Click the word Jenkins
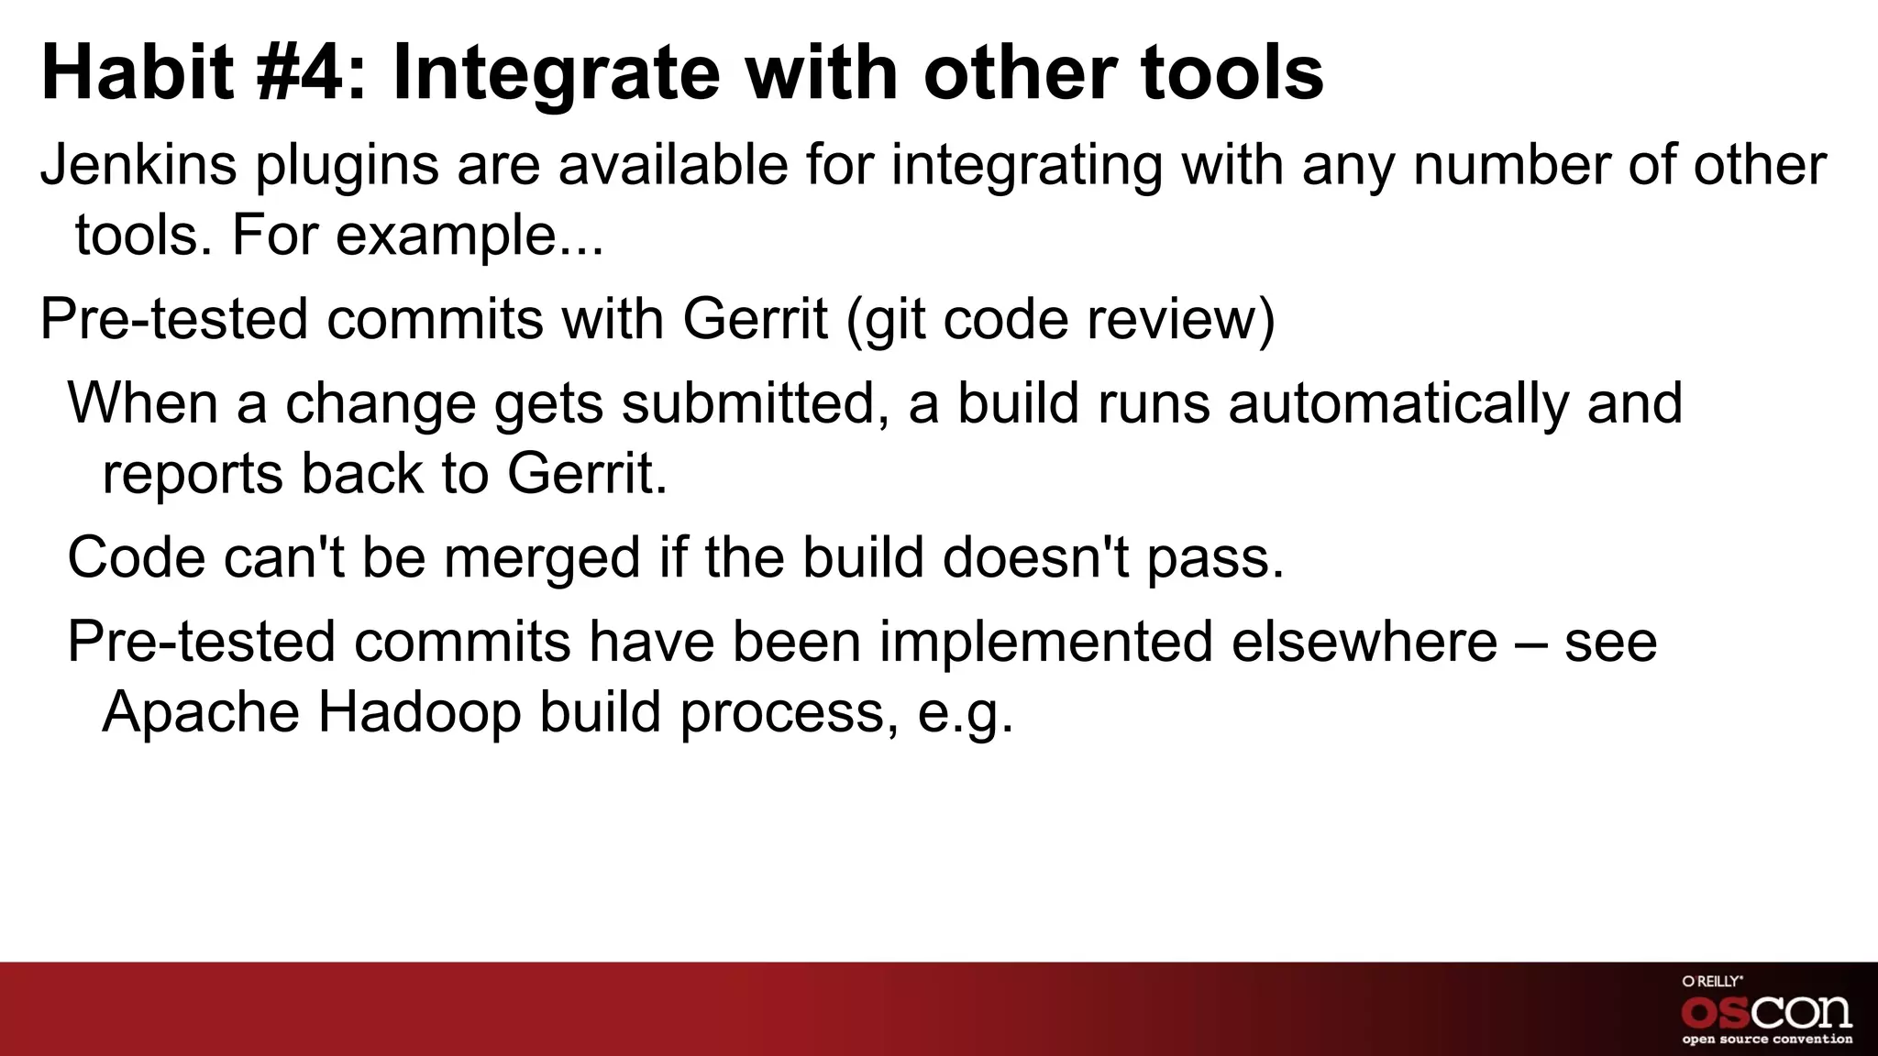tap(138, 166)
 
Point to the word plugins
tap(347, 166)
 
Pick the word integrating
tap(1026, 166)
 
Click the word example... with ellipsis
tap(469, 236)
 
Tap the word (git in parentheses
tap(884, 320)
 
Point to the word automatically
tap(1398, 403)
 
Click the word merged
tap(542, 558)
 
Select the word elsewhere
tap(1364, 642)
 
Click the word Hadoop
tap(419, 712)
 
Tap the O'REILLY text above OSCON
tap(1711, 981)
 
